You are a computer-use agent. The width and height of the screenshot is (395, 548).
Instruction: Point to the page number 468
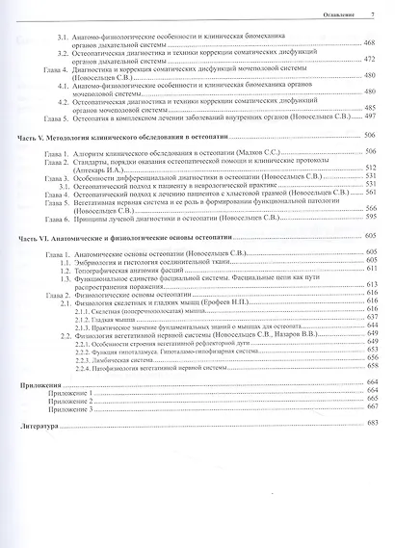pos(370,44)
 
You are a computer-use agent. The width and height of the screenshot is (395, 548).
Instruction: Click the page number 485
pos(370,106)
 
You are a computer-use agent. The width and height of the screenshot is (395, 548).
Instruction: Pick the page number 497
pos(370,114)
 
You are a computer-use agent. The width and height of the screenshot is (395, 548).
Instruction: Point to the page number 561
pos(370,192)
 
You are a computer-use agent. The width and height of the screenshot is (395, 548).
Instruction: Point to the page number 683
pos(370,425)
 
